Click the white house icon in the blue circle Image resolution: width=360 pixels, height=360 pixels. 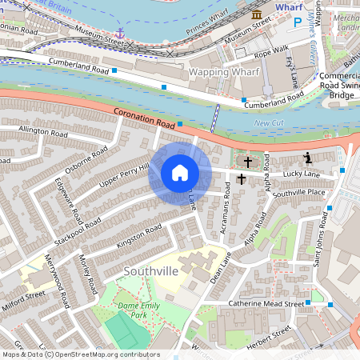click(x=180, y=173)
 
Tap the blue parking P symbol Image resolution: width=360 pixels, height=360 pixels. click(x=298, y=25)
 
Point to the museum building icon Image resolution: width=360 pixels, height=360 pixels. click(x=257, y=15)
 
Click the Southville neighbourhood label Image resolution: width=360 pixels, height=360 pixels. click(x=150, y=272)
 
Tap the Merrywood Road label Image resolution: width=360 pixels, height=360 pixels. click(x=53, y=276)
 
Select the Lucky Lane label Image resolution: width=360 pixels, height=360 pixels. click(x=301, y=174)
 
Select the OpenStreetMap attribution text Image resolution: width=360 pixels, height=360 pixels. click(x=80, y=354)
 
